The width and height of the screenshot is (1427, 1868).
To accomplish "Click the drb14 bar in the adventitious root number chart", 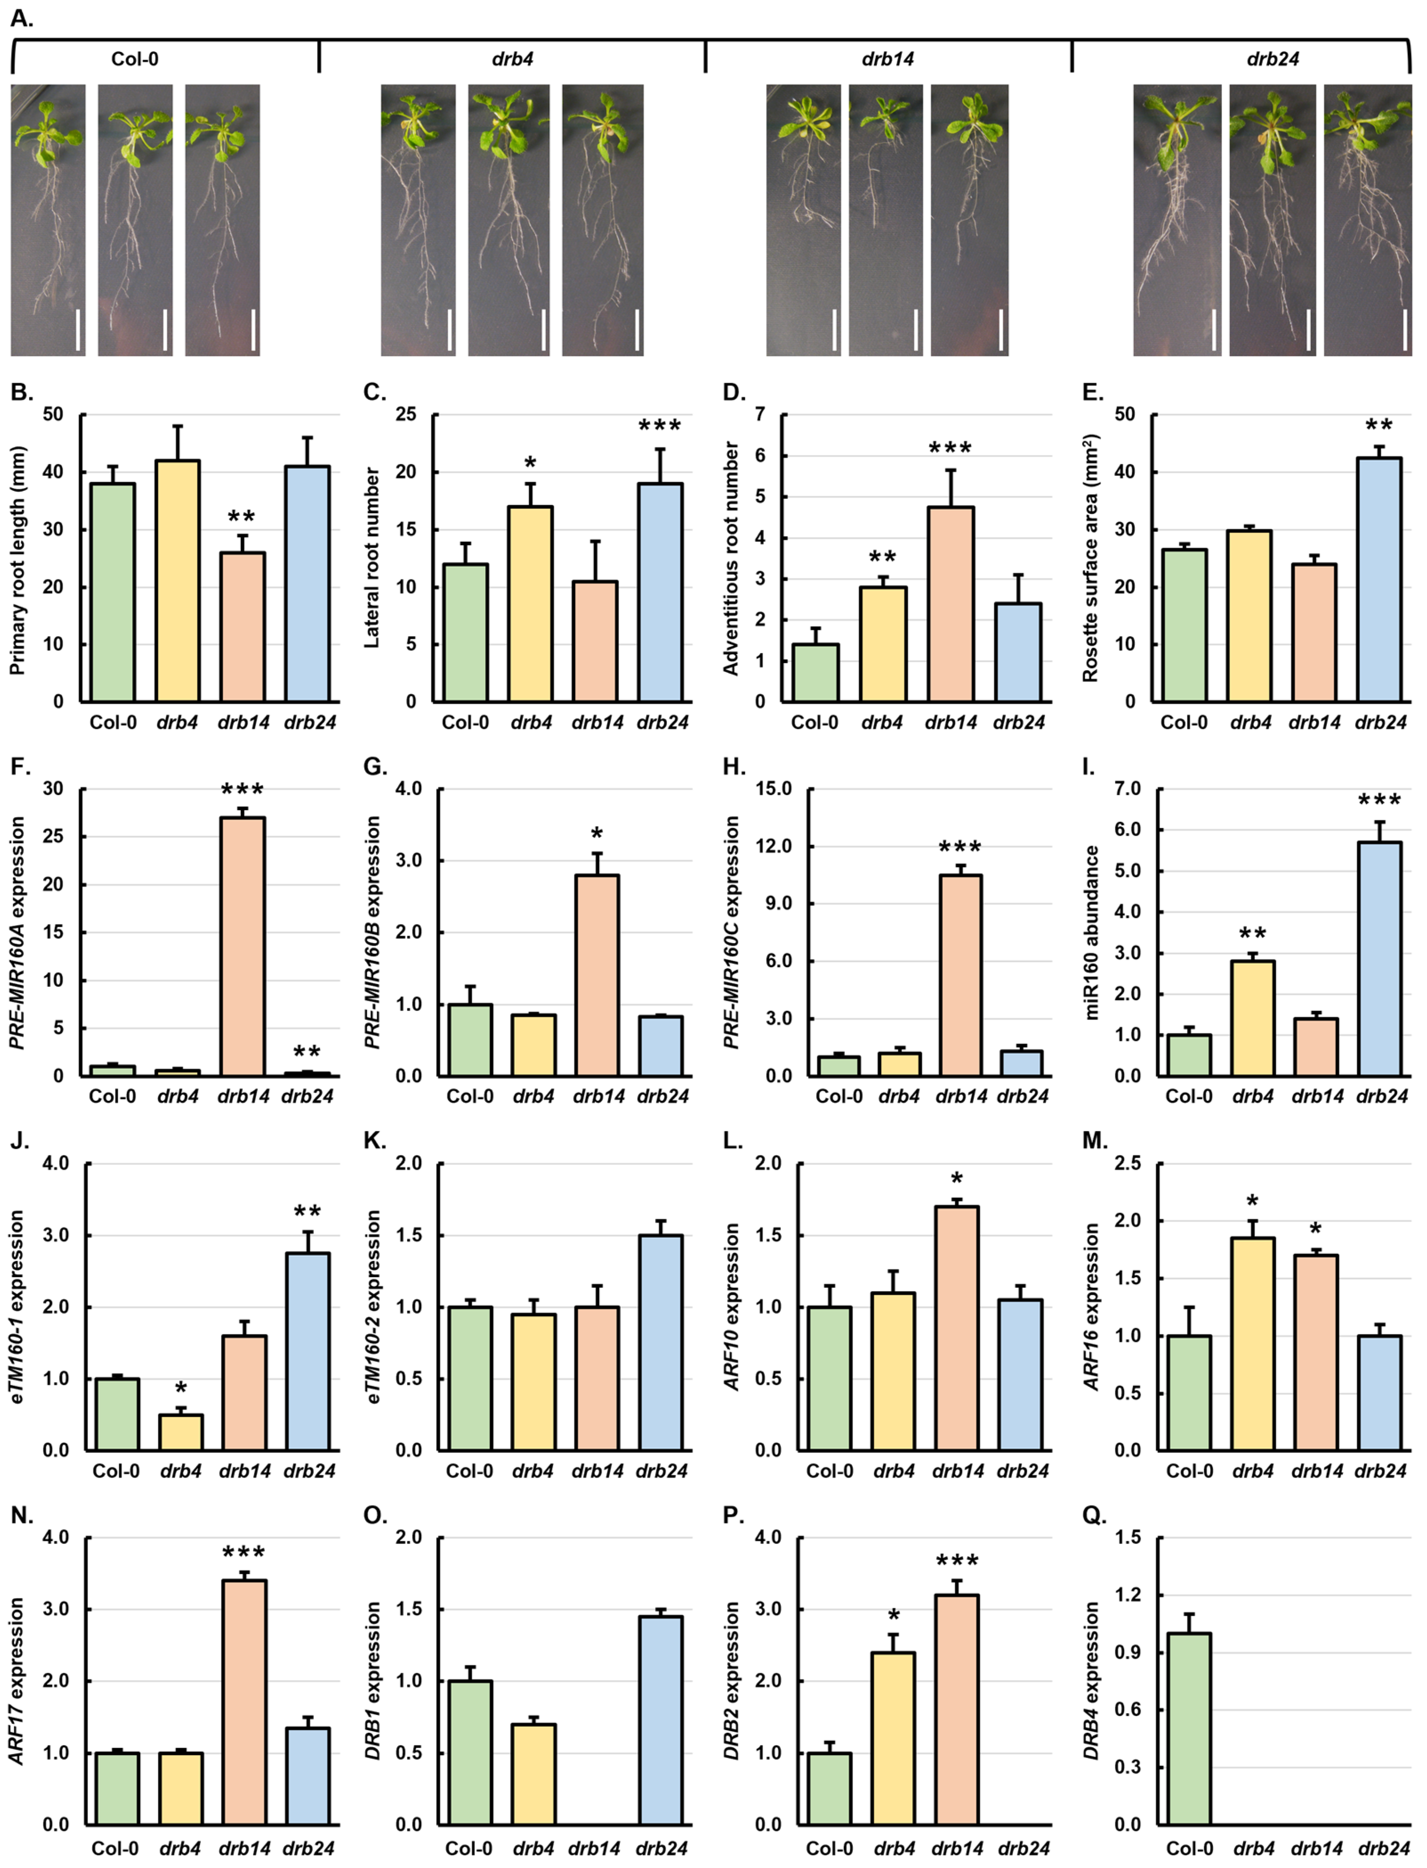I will (x=950, y=603).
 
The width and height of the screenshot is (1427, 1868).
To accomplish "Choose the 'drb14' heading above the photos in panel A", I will (x=888, y=59).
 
